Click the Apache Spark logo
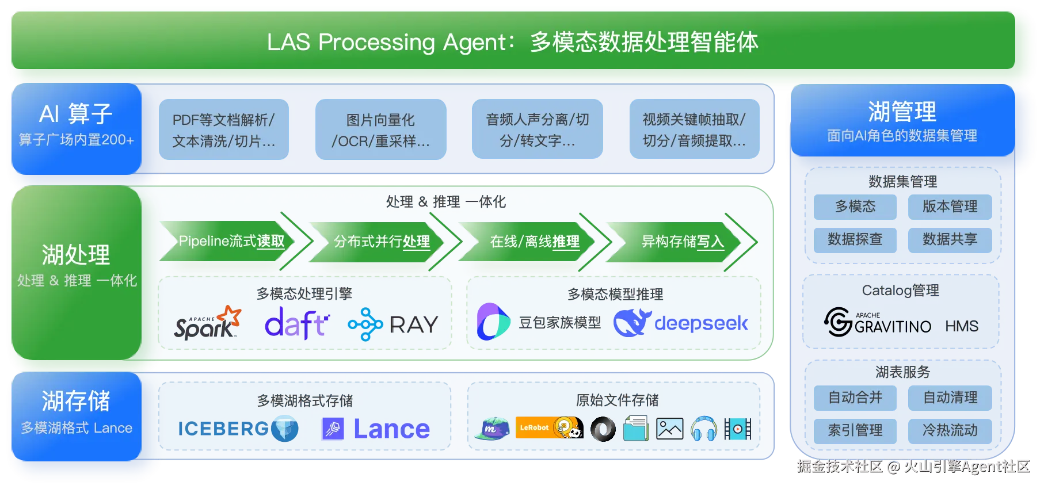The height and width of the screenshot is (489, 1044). [x=207, y=323]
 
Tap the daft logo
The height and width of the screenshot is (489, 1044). [x=296, y=323]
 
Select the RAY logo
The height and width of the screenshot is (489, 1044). [x=394, y=324]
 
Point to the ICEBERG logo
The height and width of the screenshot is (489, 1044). [x=238, y=429]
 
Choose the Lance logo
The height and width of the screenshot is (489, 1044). [x=376, y=429]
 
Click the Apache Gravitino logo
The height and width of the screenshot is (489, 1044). [x=877, y=322]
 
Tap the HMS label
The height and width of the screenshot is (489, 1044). [x=961, y=326]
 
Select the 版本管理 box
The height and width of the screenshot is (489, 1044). [x=950, y=207]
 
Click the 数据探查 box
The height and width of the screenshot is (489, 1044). [x=855, y=239]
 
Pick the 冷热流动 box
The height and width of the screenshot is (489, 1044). [x=950, y=430]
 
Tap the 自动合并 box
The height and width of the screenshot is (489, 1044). [x=855, y=398]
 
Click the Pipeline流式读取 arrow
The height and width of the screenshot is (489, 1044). [x=231, y=241]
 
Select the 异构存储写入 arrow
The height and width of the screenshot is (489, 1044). [x=683, y=242]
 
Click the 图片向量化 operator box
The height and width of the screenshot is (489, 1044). [x=380, y=129]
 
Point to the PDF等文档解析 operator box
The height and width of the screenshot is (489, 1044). [x=223, y=129]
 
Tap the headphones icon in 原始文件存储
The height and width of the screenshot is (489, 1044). [x=703, y=429]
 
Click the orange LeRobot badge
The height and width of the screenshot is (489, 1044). [x=534, y=427]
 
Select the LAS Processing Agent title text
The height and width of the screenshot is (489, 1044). [x=512, y=42]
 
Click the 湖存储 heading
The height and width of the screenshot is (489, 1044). [x=75, y=401]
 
